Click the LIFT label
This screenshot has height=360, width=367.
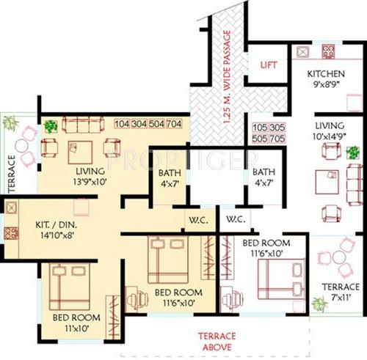(x=269, y=65)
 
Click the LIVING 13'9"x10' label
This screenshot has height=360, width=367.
(x=84, y=176)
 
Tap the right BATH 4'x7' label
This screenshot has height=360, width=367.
(x=264, y=178)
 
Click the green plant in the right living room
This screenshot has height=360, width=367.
(x=352, y=153)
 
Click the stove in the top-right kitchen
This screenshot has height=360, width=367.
(x=326, y=52)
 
